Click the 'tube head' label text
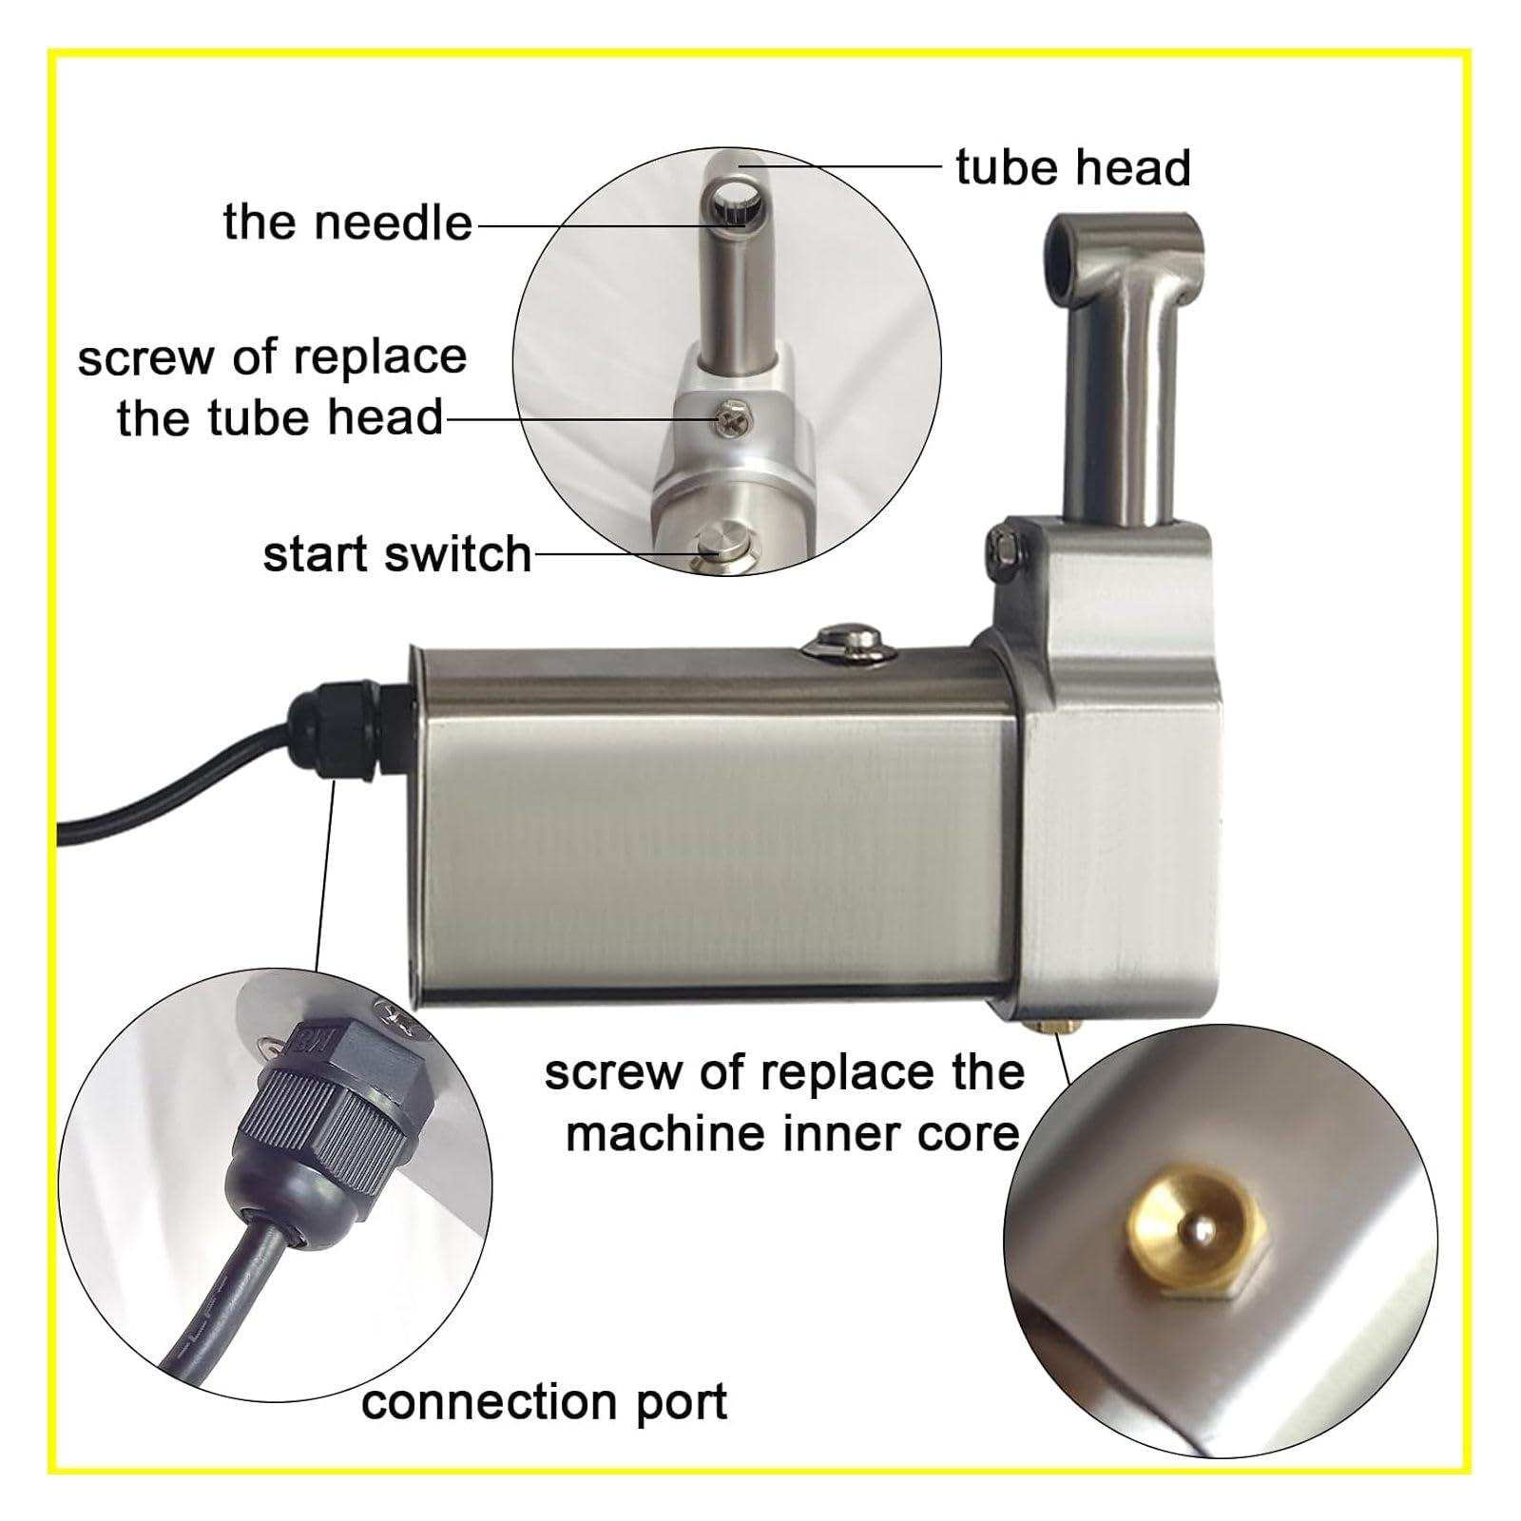pos(1072,168)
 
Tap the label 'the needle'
pos(347,222)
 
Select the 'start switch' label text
pos(396,555)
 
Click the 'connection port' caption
pos(544,1402)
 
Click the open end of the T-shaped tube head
pos(1058,258)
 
